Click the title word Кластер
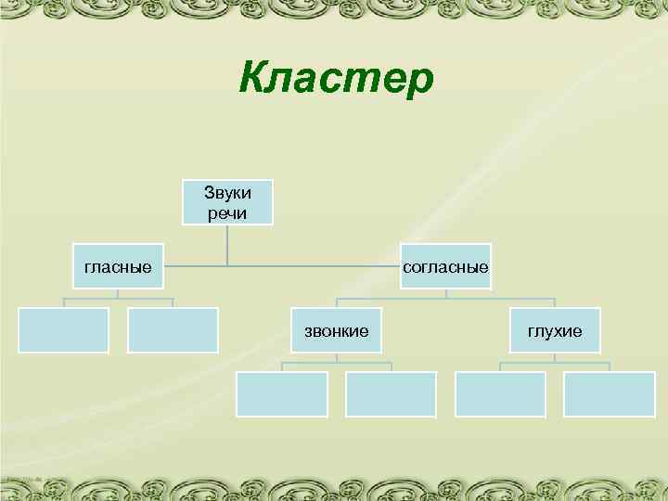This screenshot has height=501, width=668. [x=335, y=77]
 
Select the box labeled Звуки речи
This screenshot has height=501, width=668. [x=227, y=202]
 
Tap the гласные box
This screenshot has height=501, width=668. [x=118, y=267]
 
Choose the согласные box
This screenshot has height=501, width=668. [x=445, y=267]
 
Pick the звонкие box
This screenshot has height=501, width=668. [x=337, y=330]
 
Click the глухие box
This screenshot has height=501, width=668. [x=555, y=330]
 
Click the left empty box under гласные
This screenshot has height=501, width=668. [x=64, y=330]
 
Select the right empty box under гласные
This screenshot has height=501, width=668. [x=173, y=330]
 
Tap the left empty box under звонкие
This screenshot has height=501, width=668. [x=282, y=394]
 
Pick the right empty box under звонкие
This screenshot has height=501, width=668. [x=391, y=394]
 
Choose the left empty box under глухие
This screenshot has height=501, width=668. [x=500, y=394]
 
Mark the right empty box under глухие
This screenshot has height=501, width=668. [x=610, y=394]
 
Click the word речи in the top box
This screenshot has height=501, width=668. [x=227, y=212]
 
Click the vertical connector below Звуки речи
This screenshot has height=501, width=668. [x=227, y=246]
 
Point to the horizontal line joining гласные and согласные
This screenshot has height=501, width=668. [x=278, y=267]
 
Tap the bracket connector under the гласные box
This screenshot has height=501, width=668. [x=118, y=299]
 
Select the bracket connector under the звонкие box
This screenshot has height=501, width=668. [x=337, y=363]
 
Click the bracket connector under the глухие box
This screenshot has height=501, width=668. [x=555, y=363]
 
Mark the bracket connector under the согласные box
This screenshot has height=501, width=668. [x=445, y=299]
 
